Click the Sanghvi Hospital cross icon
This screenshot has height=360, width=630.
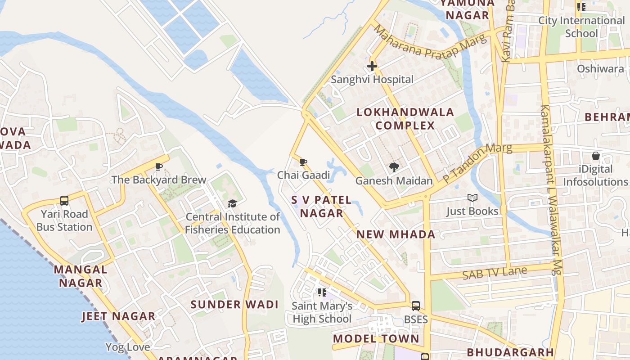pos(372,67)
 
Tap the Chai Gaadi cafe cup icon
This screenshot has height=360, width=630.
pos(303,162)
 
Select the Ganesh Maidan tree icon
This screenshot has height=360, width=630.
pos(394,167)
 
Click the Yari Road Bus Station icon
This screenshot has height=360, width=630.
pos(64,201)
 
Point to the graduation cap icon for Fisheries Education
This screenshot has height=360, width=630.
pos(232,204)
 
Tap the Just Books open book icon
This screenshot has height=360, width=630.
pos(472,198)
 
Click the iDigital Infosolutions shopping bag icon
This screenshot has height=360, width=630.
pos(595,156)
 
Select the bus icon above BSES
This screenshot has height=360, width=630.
pos(416,306)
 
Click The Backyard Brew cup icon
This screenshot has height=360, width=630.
pos(159,167)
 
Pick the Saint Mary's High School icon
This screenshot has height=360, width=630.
pos(322,293)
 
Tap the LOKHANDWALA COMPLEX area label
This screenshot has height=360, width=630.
pos(405,119)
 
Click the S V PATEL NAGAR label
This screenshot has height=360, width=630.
pos(321,206)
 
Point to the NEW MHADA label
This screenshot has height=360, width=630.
pos(396,234)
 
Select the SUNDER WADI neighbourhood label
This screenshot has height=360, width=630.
pos(234,305)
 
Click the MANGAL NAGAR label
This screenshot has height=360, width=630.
pos(81,276)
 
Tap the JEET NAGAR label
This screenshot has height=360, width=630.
pos(118,316)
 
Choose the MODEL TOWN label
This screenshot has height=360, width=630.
pos(376,338)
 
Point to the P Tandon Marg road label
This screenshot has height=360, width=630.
pos(477,163)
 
